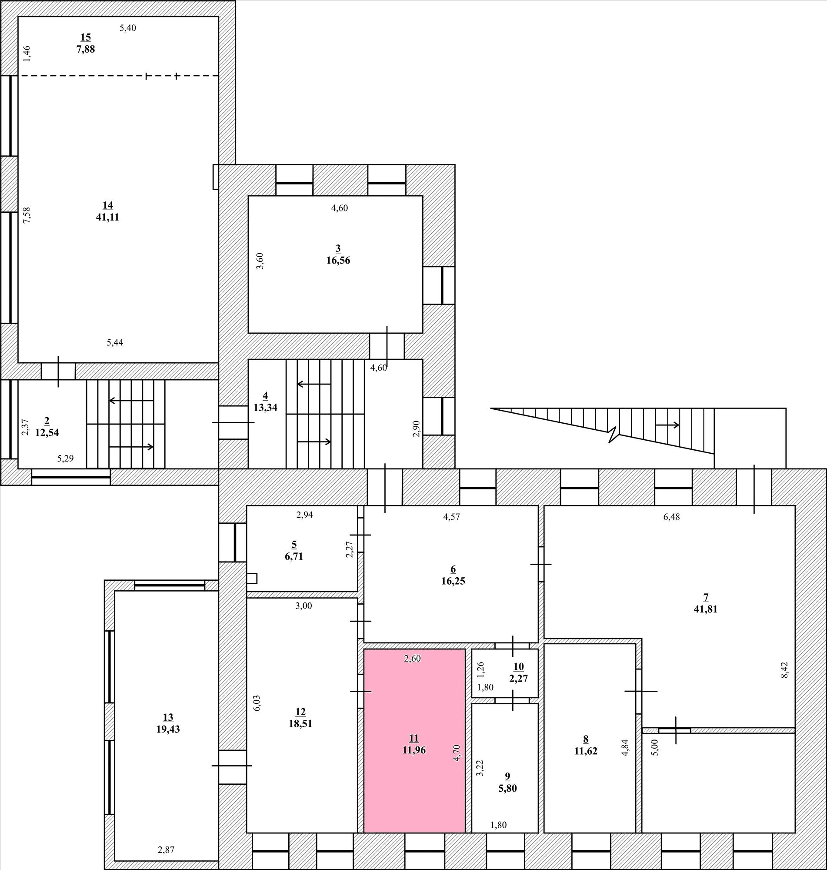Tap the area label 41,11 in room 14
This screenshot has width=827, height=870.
click(x=107, y=217)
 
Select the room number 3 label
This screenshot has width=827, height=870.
click(x=338, y=248)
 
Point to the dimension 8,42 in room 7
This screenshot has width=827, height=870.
click(x=784, y=670)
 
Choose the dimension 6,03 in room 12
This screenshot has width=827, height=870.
click(x=257, y=703)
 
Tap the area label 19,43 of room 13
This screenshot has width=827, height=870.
click(x=168, y=729)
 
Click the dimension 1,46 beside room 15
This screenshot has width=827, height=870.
click(x=27, y=54)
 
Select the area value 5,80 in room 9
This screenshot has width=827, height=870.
click(x=507, y=788)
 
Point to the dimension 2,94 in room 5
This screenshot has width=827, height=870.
click(x=305, y=515)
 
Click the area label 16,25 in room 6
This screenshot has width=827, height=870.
click(x=453, y=581)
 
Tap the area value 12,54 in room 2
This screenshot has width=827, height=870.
click(x=47, y=432)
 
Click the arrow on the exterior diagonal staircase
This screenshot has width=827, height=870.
click(x=667, y=425)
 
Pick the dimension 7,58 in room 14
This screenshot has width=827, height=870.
click(x=27, y=215)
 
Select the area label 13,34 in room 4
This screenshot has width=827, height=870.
click(x=265, y=408)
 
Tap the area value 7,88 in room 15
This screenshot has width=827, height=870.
click(x=86, y=49)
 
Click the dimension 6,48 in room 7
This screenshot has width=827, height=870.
click(x=671, y=517)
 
